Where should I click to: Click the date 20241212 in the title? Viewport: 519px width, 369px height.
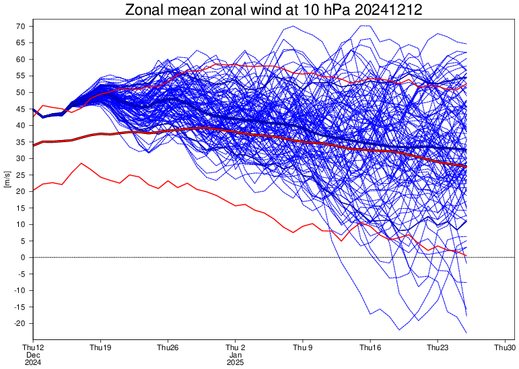388,10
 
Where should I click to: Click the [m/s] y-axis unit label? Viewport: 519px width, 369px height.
7,179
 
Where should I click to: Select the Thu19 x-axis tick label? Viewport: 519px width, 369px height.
100,347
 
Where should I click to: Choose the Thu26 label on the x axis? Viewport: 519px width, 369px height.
168,347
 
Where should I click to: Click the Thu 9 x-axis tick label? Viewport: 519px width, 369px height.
302,347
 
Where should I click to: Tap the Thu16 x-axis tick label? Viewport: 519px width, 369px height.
370,347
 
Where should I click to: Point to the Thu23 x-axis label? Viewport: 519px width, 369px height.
438,347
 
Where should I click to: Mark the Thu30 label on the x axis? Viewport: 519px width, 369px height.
505,347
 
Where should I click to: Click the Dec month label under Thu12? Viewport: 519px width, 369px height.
33,355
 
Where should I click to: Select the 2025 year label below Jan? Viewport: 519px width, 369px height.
236,362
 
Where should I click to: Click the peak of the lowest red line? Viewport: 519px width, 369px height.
81,164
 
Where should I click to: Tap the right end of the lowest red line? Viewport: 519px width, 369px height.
466,255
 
